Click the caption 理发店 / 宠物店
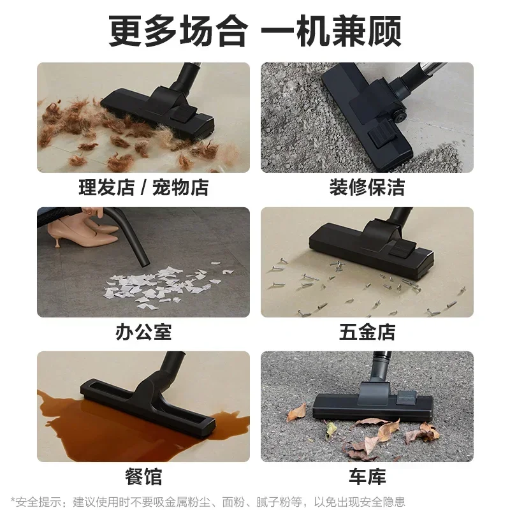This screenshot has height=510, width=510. [x=143, y=187]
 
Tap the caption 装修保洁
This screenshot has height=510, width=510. [x=367, y=187]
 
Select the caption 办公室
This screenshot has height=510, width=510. [x=143, y=331]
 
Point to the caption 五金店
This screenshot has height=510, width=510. [x=367, y=331]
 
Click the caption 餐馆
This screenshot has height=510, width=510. [x=143, y=476]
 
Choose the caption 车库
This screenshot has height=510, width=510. [x=367, y=476]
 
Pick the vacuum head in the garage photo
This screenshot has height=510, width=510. [x=373, y=402]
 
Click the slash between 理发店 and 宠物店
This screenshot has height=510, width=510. [x=145, y=187]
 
